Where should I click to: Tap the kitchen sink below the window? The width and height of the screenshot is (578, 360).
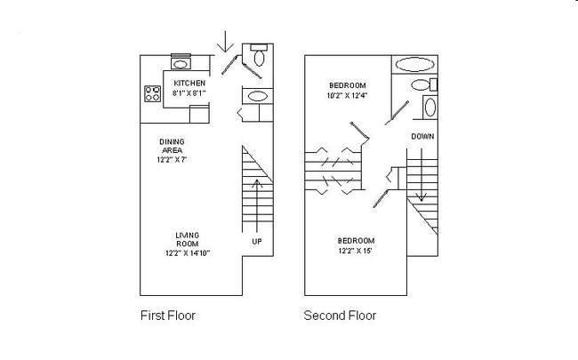pos(181,64)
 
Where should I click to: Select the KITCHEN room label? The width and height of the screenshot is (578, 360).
pos(189,84)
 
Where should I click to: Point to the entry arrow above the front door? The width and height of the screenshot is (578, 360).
pos(227,41)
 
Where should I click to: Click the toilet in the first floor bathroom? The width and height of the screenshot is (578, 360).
pos(259,58)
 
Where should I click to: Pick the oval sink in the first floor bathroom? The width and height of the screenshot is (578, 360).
pos(256,96)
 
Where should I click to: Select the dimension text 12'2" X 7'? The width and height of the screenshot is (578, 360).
pos(172,159)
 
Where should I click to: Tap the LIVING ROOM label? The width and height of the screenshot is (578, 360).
pos(187,239)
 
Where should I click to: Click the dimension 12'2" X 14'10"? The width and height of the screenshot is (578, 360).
pos(187,252)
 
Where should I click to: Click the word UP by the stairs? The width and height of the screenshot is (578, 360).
pos(257,241)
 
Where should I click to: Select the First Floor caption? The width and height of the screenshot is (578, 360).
pos(168,315)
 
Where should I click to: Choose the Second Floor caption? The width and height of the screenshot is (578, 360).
pos(340,315)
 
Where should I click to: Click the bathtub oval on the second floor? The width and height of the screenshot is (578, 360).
pos(414,64)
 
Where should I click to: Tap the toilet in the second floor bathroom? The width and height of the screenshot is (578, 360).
pos(429,108)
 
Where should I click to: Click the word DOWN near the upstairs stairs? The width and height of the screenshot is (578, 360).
pos(422,136)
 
